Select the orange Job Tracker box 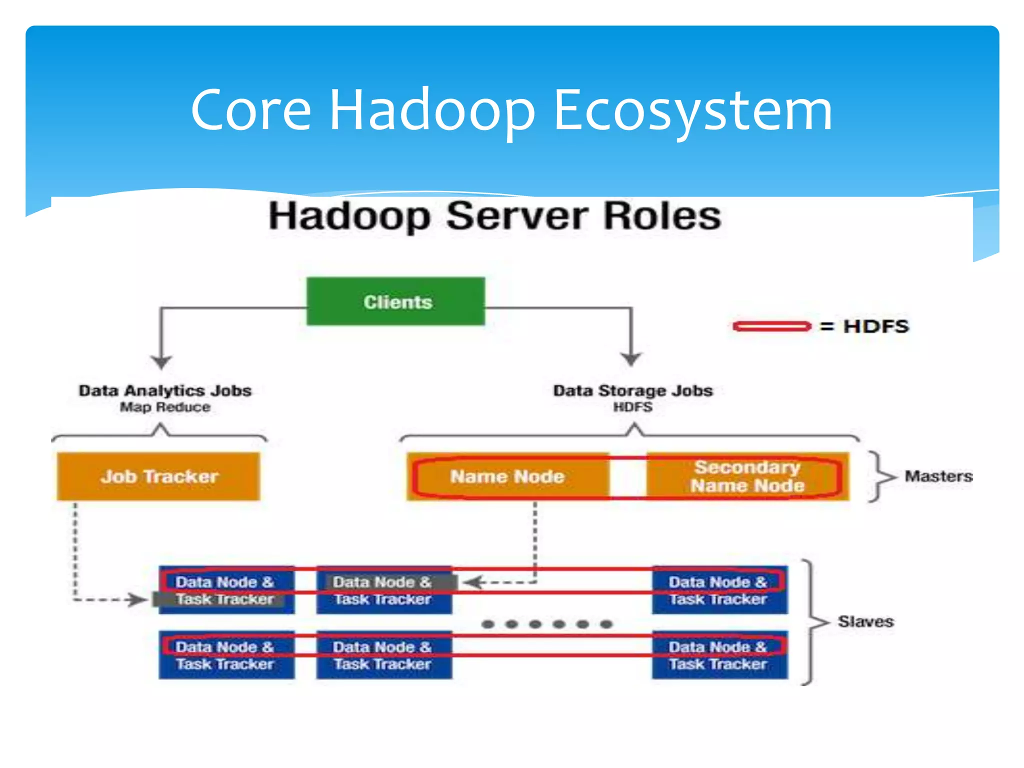tap(158, 476)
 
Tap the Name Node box tap(507, 476)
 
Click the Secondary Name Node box tap(747, 476)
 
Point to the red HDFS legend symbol tap(771, 326)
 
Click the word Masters tap(938, 476)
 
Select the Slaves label tap(865, 621)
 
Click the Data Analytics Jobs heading tap(165, 390)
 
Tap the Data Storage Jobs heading tap(632, 390)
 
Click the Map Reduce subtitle tap(165, 407)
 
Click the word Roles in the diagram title tap(662, 216)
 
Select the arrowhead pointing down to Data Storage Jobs tap(631, 359)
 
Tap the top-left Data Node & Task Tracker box tap(226, 590)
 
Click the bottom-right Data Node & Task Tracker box tap(719, 655)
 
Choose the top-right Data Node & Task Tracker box tap(719, 590)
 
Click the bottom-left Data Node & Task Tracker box tap(226, 655)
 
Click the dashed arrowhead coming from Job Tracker tap(137, 599)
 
